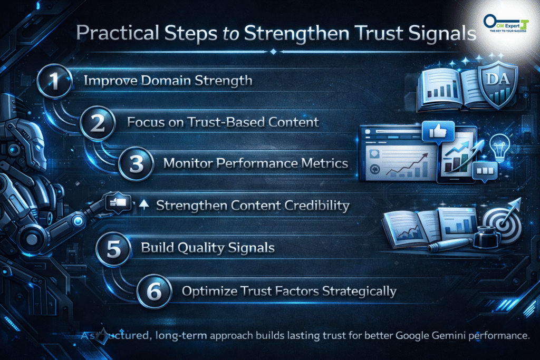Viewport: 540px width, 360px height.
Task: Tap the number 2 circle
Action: pos(97,123)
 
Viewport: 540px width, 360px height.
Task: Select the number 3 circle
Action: pos(136,163)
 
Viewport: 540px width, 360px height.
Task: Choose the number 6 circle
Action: pos(154,291)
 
